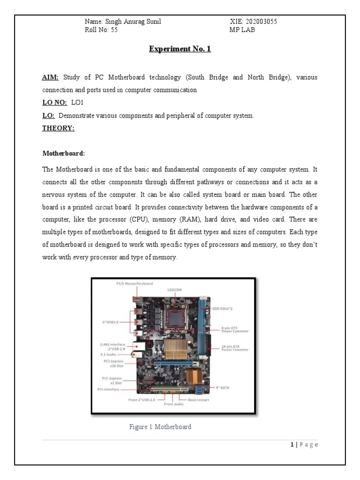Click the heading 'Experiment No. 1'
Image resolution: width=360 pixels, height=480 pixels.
click(x=180, y=48)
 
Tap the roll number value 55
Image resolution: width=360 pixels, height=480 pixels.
click(x=114, y=30)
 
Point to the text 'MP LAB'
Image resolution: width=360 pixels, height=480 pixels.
click(x=242, y=30)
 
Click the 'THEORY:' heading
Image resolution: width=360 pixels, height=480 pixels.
click(x=59, y=129)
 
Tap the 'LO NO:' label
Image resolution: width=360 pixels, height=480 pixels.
click(x=54, y=103)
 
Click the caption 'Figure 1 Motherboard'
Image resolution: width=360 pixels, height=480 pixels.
click(x=160, y=427)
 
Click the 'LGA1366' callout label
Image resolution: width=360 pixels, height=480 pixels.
click(x=174, y=290)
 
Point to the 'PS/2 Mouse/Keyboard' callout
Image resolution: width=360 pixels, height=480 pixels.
click(x=135, y=284)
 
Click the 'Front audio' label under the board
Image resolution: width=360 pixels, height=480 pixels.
click(x=173, y=405)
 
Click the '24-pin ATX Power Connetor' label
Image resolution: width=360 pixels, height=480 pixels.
click(x=234, y=347)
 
